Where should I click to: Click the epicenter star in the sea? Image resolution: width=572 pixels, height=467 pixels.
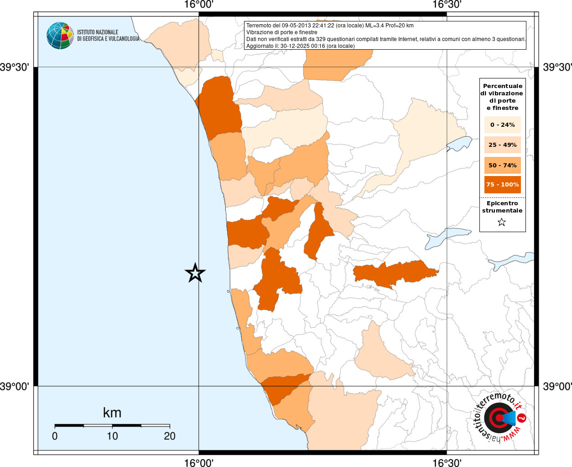(195, 273)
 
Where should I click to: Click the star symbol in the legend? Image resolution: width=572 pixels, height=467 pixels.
(502, 223)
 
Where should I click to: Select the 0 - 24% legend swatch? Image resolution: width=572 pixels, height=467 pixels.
(502, 125)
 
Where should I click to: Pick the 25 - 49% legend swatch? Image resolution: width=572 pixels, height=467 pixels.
(502, 145)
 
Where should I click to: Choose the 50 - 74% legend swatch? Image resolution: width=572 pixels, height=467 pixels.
(502, 165)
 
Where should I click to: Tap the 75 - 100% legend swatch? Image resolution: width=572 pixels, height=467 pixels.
(502, 185)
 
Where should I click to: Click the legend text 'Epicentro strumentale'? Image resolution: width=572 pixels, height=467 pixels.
(502, 207)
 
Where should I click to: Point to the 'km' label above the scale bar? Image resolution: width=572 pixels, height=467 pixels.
(112, 413)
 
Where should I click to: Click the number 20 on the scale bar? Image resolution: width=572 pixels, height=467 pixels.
(170, 436)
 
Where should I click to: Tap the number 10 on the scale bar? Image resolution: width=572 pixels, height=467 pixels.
(112, 436)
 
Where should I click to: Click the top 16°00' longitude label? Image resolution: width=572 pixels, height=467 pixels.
(198, 5)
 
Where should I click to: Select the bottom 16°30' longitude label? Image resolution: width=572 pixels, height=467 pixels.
(447, 462)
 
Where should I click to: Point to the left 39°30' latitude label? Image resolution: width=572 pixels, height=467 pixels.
(15, 67)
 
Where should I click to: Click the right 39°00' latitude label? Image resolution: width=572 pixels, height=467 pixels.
(557, 387)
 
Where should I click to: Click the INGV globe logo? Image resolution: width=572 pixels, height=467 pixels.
(60, 36)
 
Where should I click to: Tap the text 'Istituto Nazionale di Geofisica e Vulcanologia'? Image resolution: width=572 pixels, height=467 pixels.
(108, 36)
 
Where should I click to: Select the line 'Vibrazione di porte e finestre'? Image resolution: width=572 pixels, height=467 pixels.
(281, 32)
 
